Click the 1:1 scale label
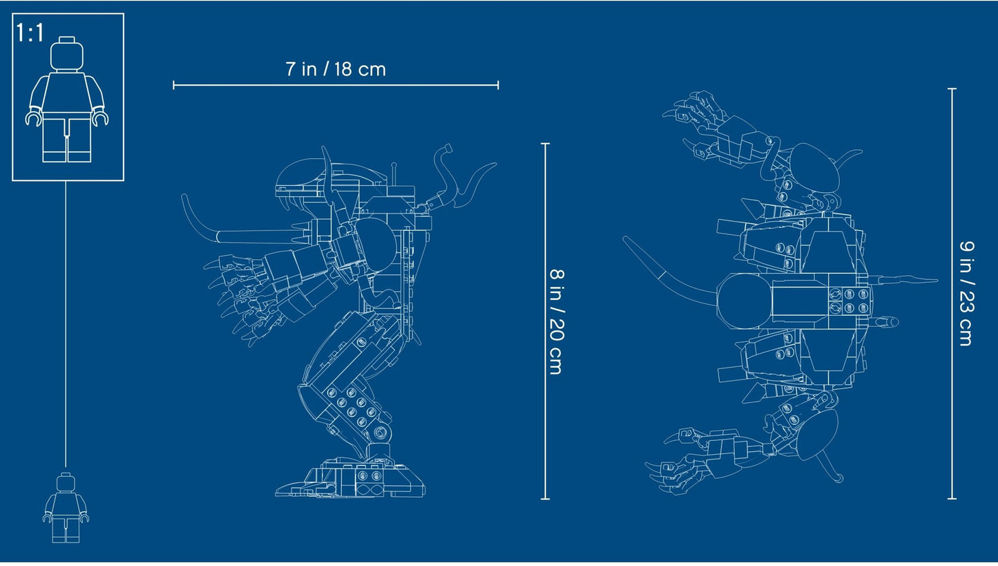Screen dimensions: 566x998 (30, 33)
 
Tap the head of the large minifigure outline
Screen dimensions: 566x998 (66, 52)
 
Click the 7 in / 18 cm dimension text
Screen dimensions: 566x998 (335, 69)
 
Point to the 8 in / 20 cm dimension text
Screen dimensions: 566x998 (555, 321)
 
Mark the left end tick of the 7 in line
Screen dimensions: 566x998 (173, 85)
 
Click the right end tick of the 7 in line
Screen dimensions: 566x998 (498, 85)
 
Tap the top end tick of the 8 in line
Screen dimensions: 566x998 (545, 144)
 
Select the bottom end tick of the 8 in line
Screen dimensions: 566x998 (545, 498)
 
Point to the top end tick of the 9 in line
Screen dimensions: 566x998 (952, 89)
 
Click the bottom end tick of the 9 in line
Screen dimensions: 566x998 (952, 498)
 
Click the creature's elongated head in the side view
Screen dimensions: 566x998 (304, 176)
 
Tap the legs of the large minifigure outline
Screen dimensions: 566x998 (66, 138)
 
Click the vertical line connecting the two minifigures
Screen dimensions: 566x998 (66, 325)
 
